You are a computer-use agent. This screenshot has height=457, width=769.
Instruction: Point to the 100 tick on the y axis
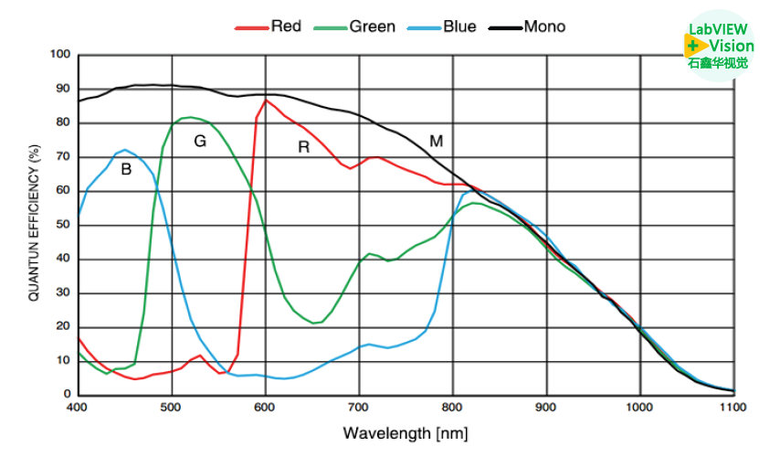(x=59, y=55)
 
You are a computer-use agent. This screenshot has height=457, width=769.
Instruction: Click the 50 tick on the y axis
(x=62, y=225)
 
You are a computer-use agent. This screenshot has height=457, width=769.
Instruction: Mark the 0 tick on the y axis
(x=66, y=395)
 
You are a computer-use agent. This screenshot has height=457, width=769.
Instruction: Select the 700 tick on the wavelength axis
(x=359, y=407)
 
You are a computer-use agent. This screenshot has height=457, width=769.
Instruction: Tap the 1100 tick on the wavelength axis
(x=733, y=407)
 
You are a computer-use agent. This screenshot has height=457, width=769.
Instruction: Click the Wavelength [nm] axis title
(x=406, y=431)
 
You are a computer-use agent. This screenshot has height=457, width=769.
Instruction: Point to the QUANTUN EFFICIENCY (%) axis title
(x=34, y=223)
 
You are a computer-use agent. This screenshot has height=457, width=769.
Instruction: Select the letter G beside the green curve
(x=200, y=141)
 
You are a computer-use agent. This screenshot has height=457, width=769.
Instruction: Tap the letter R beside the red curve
(x=304, y=146)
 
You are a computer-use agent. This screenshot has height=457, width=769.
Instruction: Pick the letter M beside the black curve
(x=437, y=141)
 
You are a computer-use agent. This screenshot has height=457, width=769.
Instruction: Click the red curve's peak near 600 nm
(x=266, y=101)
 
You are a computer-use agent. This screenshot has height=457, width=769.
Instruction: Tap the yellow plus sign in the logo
(x=693, y=45)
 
